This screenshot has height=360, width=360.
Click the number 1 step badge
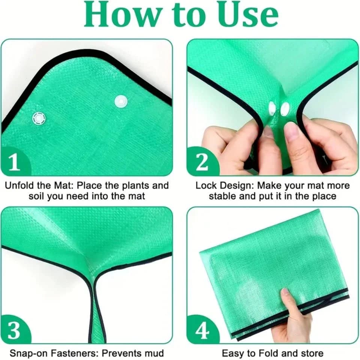(15, 162)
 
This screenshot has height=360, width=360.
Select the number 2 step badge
(202, 162)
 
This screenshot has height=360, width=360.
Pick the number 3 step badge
(15, 330)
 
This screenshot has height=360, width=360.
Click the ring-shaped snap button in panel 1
(39, 119)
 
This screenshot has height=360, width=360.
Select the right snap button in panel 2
(285, 109)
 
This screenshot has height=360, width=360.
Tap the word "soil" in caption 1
(36, 196)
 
